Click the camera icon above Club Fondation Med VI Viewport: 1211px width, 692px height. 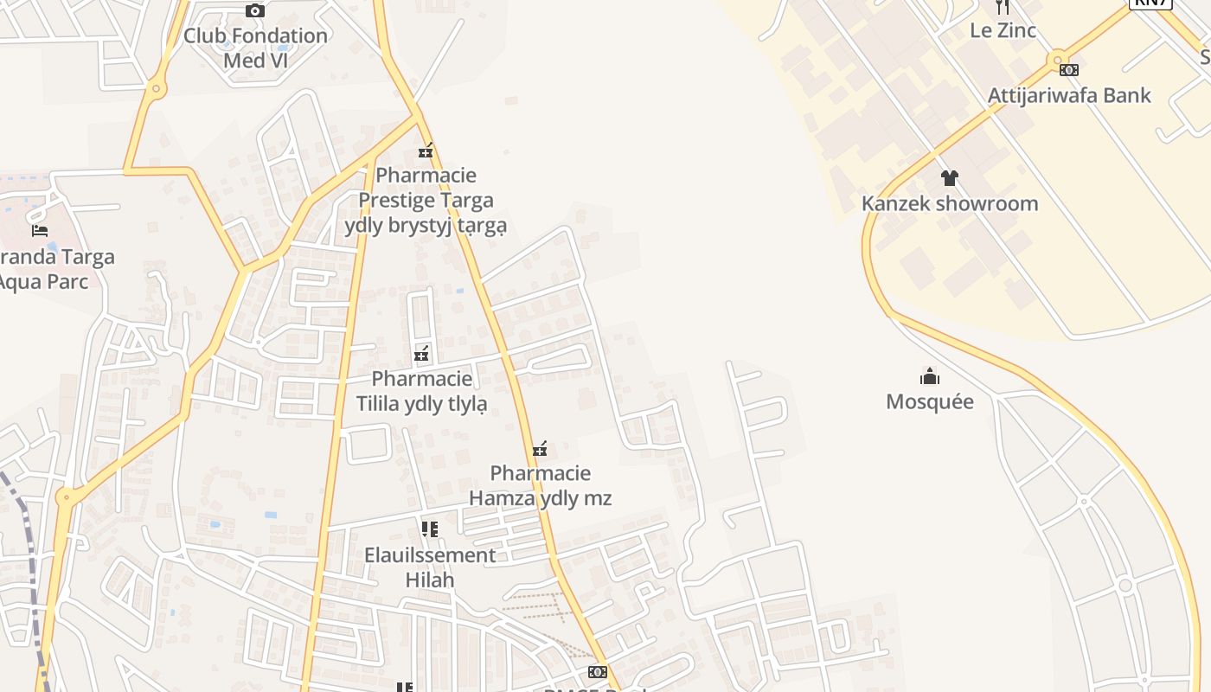[x=255, y=10]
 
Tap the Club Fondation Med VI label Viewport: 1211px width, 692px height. [x=255, y=48]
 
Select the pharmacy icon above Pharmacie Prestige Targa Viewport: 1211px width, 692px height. [x=425, y=151]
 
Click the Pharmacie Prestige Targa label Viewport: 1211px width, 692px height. [x=426, y=201]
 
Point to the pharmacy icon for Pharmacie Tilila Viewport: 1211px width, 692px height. [x=421, y=353]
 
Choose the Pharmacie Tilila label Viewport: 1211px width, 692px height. [x=422, y=391]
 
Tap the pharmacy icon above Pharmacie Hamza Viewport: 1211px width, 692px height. [x=541, y=448]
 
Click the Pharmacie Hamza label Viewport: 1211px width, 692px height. [x=541, y=485]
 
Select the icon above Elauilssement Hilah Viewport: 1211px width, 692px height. [x=429, y=529]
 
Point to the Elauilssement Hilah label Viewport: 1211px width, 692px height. [x=430, y=567]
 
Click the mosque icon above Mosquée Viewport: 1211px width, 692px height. [x=930, y=376]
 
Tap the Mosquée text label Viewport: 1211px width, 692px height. [x=930, y=401]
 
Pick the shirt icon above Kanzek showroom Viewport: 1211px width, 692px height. [x=950, y=178]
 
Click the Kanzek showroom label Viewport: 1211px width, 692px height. [x=950, y=204]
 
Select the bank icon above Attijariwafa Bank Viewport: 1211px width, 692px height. [x=1069, y=69]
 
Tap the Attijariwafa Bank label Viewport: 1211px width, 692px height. [x=1069, y=95]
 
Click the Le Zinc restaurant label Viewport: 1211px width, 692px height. [x=1003, y=30]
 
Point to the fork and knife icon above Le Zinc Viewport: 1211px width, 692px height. [x=1003, y=7]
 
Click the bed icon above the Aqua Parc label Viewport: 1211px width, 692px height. [x=40, y=230]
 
